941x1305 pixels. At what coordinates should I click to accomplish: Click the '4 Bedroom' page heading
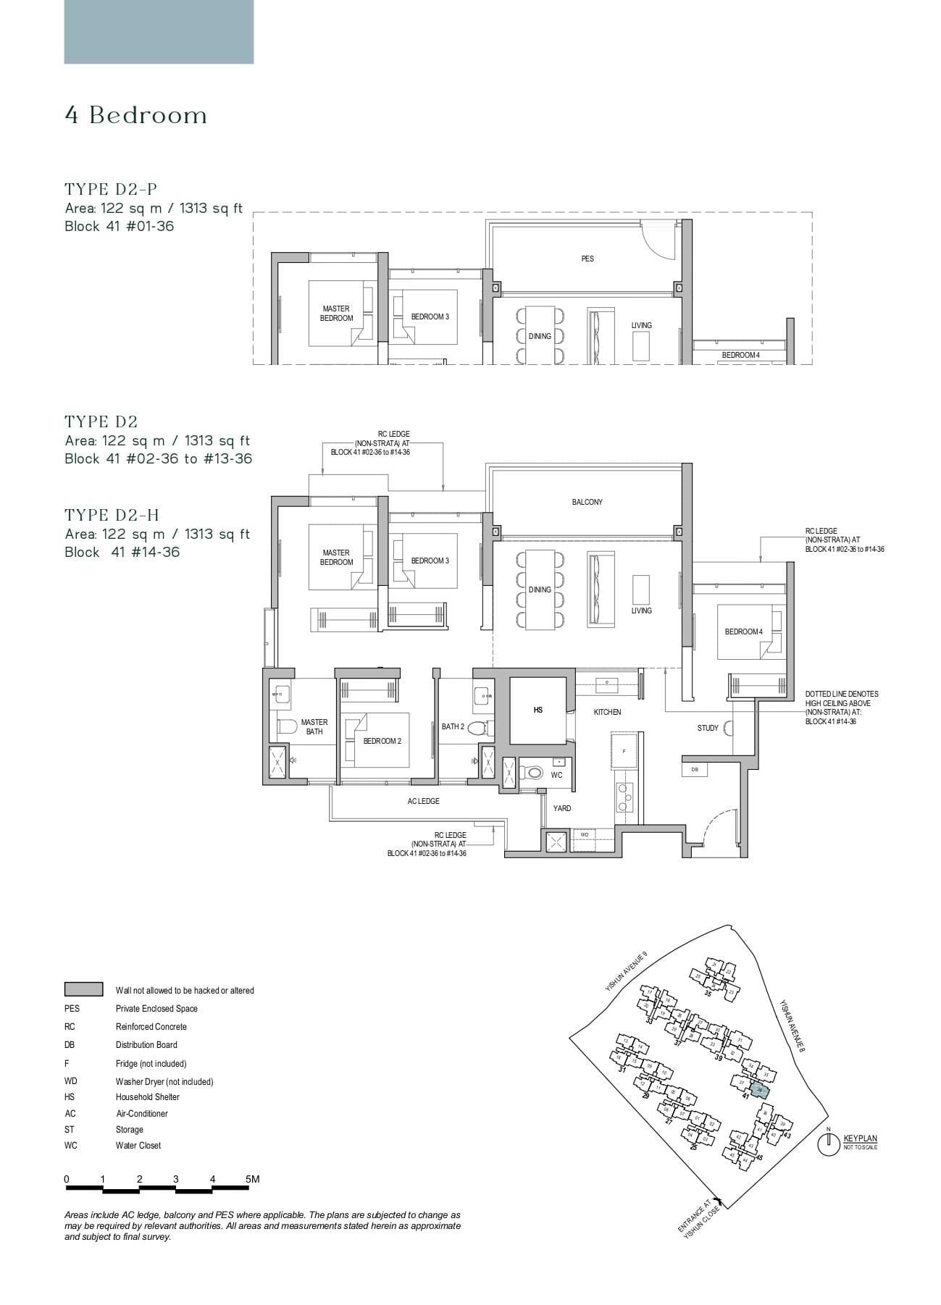pyautogui.click(x=136, y=115)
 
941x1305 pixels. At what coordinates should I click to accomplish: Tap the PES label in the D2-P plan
pyautogui.click(x=587, y=259)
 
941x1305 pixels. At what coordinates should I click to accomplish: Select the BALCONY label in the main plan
pyautogui.click(x=587, y=502)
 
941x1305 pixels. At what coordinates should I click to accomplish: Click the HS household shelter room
pyautogui.click(x=538, y=710)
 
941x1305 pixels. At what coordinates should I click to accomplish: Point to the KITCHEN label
pyautogui.click(x=607, y=713)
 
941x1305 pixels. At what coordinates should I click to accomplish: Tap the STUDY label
pyautogui.click(x=708, y=728)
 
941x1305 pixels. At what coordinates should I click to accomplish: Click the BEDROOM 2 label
pyautogui.click(x=382, y=741)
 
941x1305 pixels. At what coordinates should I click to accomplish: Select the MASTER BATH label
pyautogui.click(x=314, y=727)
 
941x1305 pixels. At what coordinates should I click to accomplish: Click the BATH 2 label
pyautogui.click(x=453, y=726)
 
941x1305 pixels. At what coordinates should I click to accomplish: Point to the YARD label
pyautogui.click(x=562, y=808)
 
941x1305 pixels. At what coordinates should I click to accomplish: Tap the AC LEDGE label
pyautogui.click(x=423, y=801)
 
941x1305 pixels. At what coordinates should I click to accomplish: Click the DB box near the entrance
pyautogui.click(x=695, y=770)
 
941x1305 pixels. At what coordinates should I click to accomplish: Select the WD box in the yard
pyautogui.click(x=585, y=835)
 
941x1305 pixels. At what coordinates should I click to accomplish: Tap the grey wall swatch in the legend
pyautogui.click(x=83, y=989)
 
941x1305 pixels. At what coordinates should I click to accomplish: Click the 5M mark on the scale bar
pyautogui.click(x=252, y=1179)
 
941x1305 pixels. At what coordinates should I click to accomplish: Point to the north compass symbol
pyautogui.click(x=828, y=1144)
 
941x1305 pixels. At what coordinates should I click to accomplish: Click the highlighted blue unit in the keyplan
pyautogui.click(x=758, y=1091)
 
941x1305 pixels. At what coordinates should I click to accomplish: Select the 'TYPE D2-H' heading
pyautogui.click(x=112, y=515)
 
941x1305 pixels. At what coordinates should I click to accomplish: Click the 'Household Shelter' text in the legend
pyautogui.click(x=147, y=1097)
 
